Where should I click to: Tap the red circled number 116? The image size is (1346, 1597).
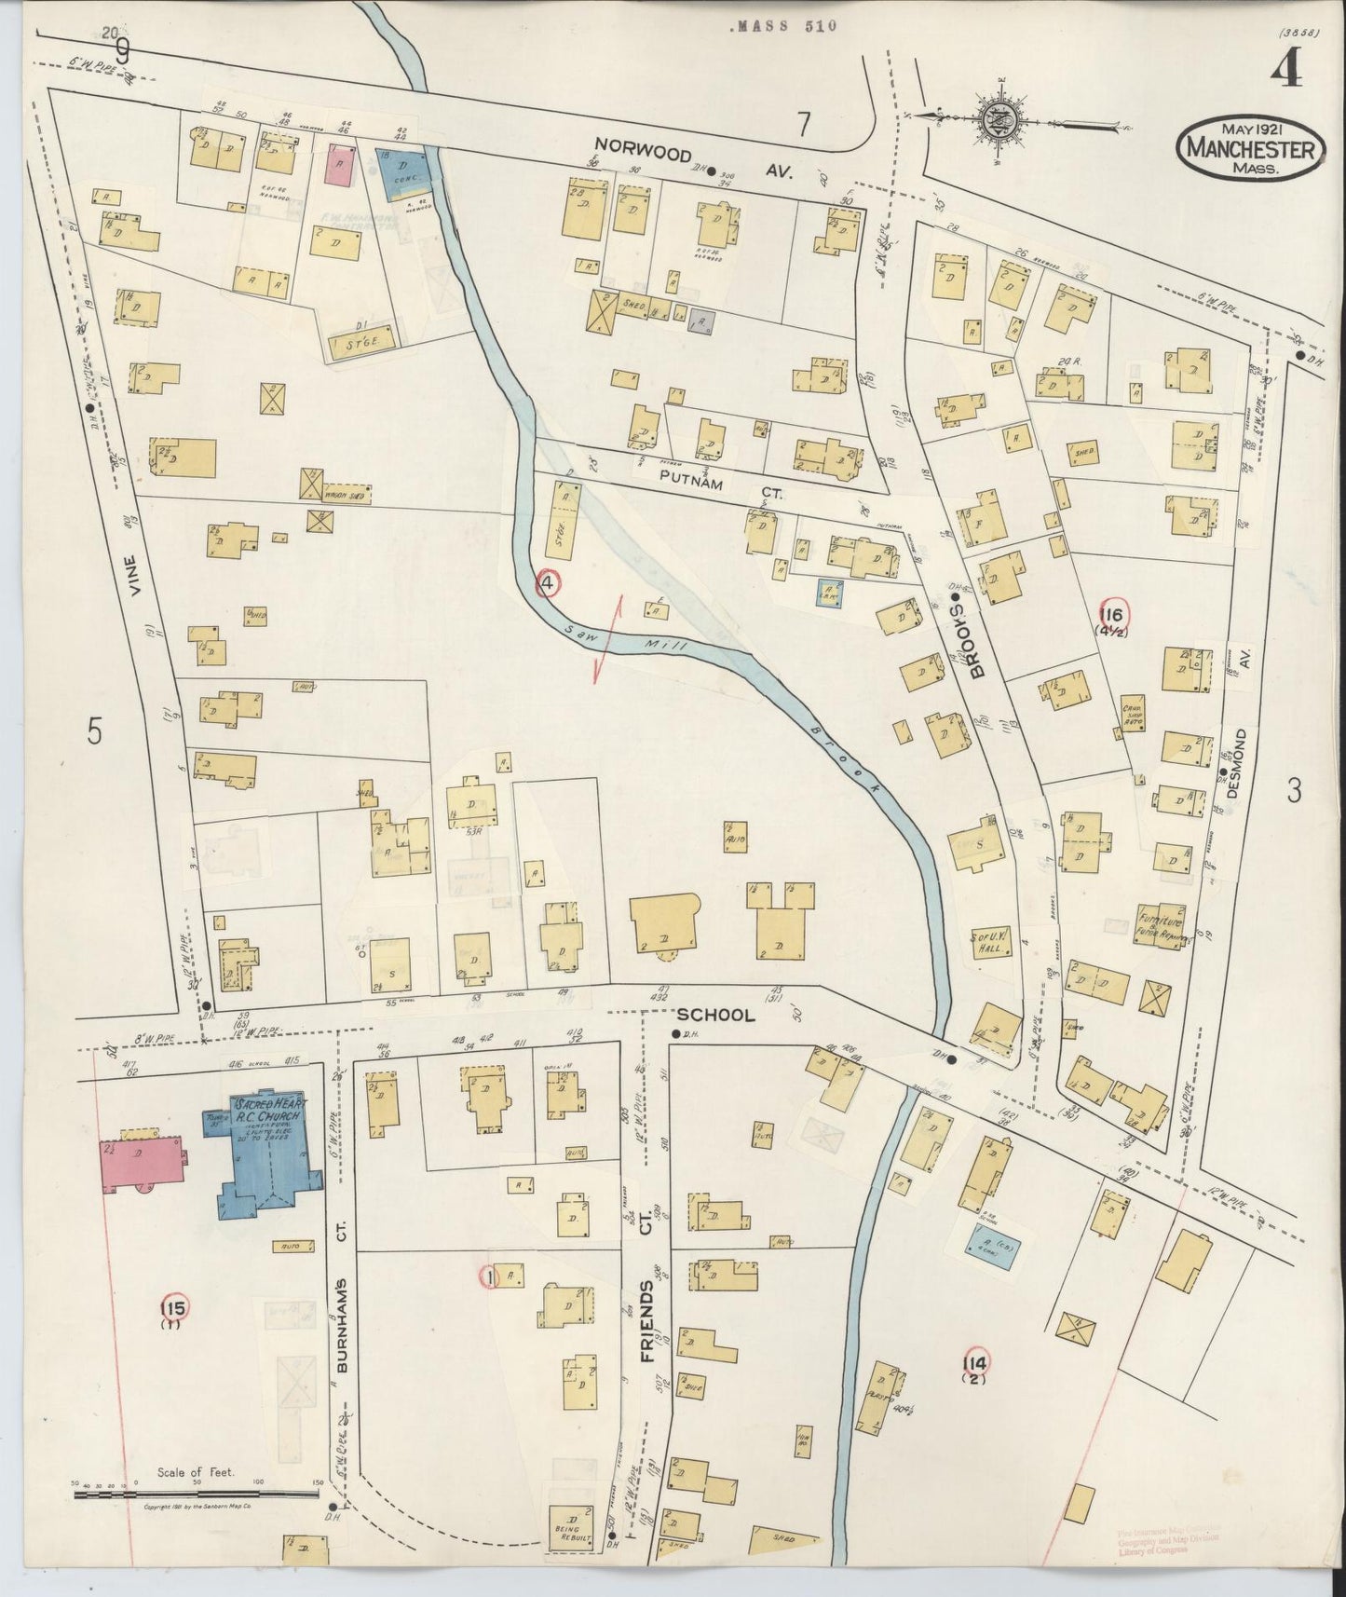(x=1112, y=614)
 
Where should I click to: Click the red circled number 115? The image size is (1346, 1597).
(x=173, y=1308)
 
